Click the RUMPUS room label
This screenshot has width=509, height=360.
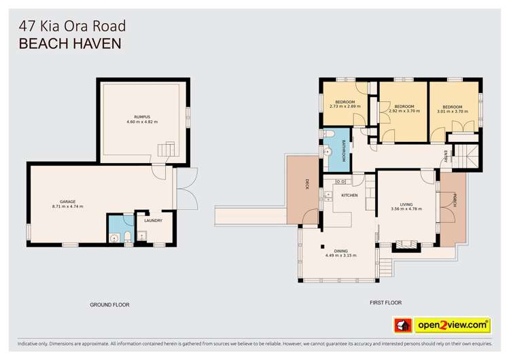point(141,117)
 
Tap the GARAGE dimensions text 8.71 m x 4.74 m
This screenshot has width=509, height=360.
point(67,206)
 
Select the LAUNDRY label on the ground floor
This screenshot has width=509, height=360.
point(153,220)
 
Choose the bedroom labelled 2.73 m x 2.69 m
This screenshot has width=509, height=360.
point(345,104)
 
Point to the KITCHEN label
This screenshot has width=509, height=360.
point(349,195)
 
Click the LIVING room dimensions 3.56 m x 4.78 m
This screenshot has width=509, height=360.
point(406,209)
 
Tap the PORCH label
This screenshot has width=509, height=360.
point(454,200)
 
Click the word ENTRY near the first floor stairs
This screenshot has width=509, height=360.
point(446,154)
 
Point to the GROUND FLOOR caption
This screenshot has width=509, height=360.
point(109,305)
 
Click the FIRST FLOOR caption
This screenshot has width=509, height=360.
point(385,303)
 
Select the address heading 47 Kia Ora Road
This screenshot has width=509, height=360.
point(71,26)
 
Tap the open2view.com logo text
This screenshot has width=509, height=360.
point(453,325)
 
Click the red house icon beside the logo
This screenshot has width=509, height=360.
point(404,325)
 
